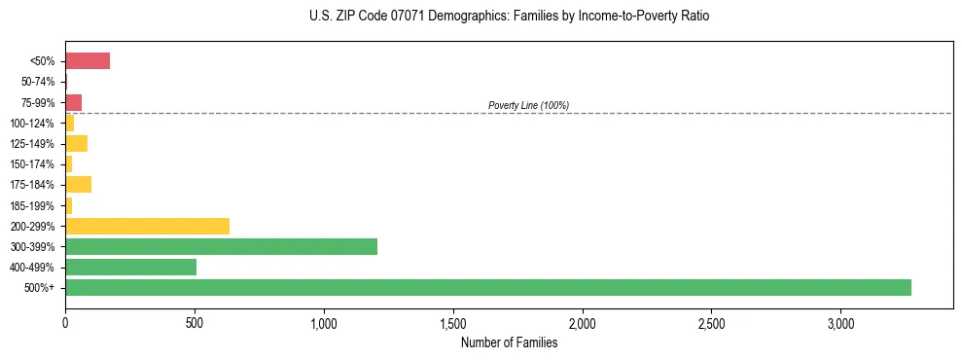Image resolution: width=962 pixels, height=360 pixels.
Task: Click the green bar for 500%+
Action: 488,287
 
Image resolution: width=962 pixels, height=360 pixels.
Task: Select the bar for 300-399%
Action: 221,246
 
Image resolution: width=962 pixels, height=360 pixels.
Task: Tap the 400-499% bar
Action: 130,267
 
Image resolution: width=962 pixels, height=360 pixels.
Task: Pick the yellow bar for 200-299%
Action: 147,226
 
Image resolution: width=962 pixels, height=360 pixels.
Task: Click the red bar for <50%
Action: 88,61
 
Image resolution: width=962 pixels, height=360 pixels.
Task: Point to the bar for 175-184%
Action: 78,185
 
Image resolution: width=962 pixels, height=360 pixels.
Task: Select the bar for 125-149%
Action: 76,144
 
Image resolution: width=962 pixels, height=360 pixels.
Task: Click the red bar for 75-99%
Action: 73,102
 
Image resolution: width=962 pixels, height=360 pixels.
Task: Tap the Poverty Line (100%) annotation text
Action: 528,105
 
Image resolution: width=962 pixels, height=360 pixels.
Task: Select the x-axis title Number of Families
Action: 509,342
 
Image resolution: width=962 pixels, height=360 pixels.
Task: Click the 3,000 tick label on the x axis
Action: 840,323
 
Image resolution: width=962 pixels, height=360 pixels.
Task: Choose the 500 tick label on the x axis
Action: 195,323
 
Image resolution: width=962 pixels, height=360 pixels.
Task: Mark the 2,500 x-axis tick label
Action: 711,323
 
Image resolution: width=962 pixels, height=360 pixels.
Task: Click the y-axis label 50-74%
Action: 39,82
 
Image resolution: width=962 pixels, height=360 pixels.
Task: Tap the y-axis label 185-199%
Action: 35,205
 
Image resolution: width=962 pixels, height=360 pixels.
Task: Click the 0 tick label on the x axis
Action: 65,323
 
